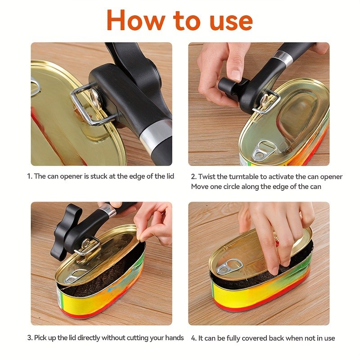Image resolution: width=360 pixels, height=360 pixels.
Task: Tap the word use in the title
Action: click(x=227, y=20)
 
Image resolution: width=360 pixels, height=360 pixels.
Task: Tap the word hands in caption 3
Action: click(x=174, y=337)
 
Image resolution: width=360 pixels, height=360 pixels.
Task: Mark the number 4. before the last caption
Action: click(x=193, y=337)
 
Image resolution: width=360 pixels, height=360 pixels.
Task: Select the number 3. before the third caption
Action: click(x=30, y=337)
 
